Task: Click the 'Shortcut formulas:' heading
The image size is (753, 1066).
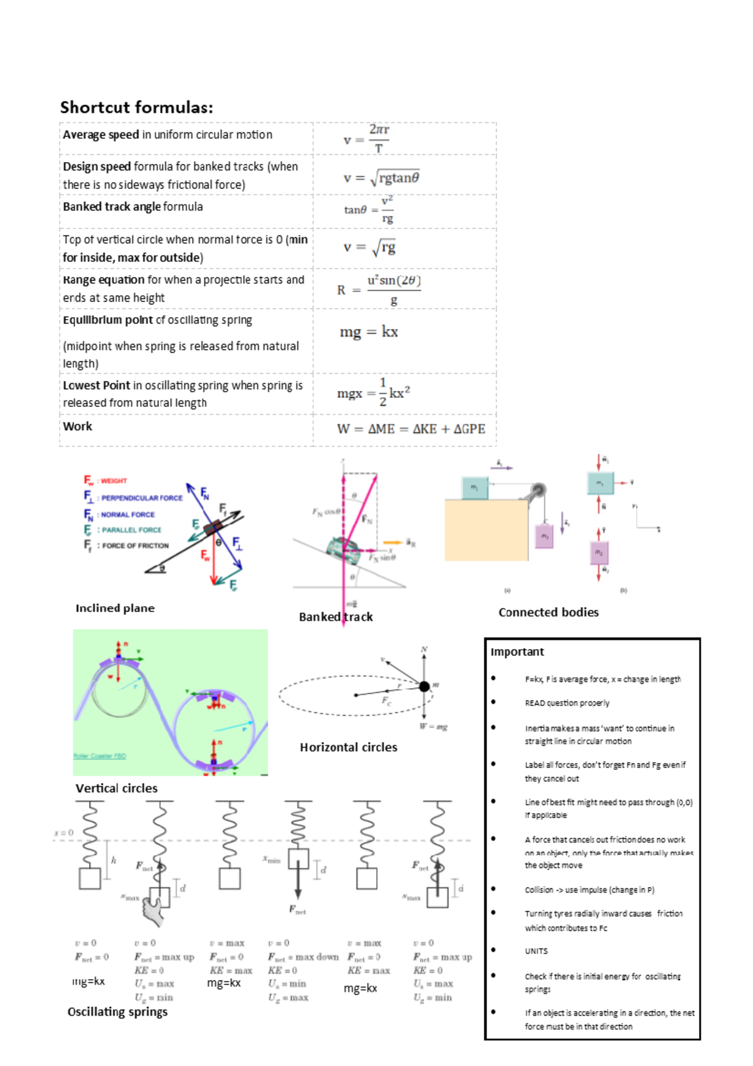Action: [136, 107]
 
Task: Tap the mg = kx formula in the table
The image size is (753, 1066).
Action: [368, 331]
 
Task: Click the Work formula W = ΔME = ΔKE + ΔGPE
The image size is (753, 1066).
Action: [410, 429]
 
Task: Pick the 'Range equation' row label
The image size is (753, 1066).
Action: [104, 279]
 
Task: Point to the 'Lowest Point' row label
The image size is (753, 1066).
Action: [97, 385]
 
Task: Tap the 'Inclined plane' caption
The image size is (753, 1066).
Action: [115, 608]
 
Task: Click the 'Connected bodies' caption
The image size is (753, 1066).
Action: [548, 612]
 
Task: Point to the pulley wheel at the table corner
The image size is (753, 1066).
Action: [537, 490]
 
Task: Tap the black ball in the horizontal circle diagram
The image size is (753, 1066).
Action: [424, 686]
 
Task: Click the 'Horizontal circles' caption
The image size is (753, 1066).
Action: [348, 747]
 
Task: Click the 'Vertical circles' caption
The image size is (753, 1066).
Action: [117, 788]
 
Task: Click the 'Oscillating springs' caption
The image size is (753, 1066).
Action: [117, 1011]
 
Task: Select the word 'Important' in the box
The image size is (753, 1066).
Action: [517, 652]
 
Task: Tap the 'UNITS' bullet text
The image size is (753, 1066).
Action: [536, 951]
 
